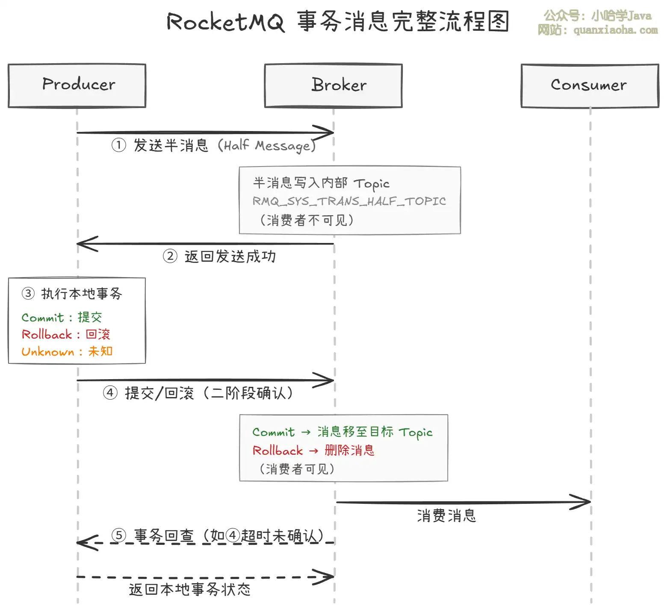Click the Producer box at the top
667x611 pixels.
(x=77, y=85)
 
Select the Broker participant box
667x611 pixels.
(x=333, y=85)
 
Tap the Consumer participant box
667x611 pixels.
(x=590, y=85)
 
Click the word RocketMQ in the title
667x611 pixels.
(x=225, y=22)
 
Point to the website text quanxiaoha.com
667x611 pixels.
(x=615, y=30)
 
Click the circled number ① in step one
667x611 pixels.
(x=118, y=145)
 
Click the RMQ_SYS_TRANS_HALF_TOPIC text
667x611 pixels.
(x=349, y=201)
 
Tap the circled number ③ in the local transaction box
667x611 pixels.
(x=28, y=293)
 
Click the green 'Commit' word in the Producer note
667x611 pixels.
(x=42, y=318)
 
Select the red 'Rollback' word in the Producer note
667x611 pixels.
(x=47, y=334)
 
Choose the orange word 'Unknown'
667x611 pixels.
(x=47, y=352)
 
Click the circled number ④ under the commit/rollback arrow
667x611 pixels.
(x=110, y=393)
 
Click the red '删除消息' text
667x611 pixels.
(x=349, y=450)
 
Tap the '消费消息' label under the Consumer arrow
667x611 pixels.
(x=446, y=516)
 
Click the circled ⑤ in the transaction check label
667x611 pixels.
(x=118, y=535)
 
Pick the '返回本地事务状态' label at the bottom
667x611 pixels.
(x=189, y=590)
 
